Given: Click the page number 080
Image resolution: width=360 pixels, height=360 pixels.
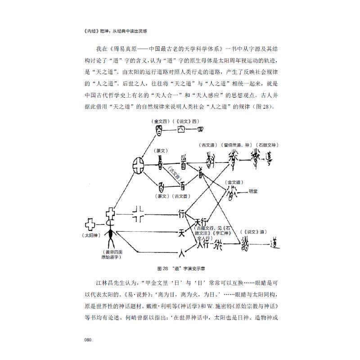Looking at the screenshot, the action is tap(88, 340).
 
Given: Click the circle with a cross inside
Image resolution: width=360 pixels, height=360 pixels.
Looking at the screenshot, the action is tap(139, 168).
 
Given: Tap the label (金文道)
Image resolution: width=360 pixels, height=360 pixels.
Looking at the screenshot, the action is tap(234, 182).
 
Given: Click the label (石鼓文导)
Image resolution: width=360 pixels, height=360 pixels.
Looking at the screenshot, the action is tap(269, 144).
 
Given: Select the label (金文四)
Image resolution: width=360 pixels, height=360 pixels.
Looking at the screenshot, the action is tap(160, 121).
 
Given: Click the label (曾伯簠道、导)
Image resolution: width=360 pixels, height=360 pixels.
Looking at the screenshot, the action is tap(237, 144).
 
